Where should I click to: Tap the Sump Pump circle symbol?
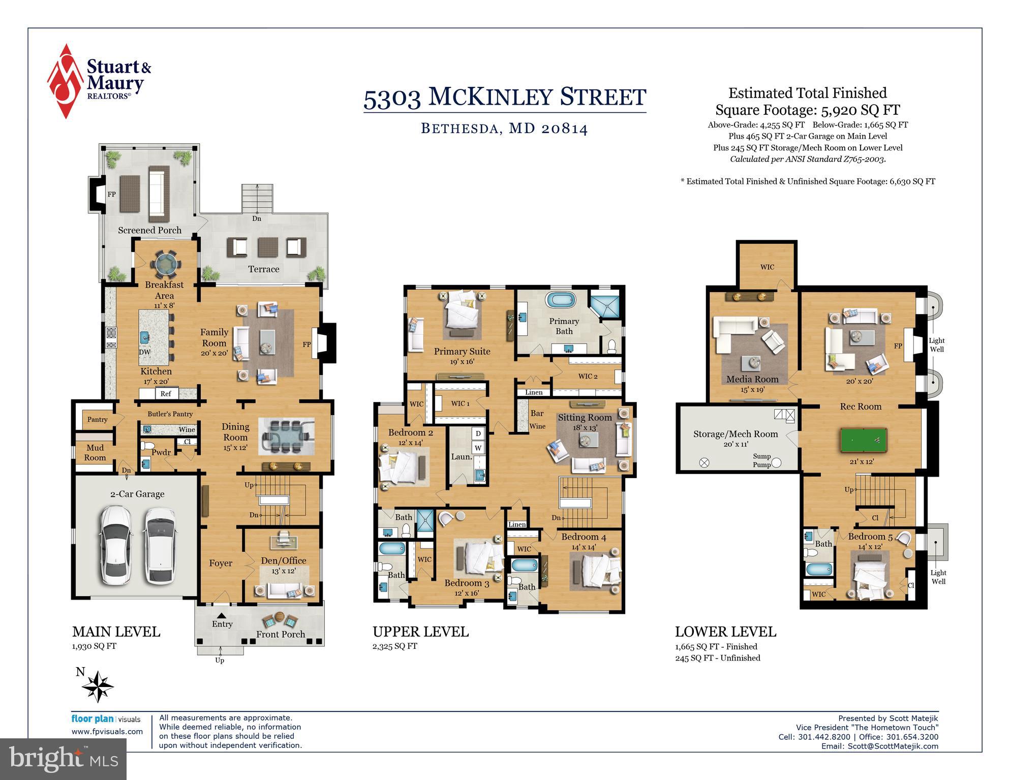click(x=777, y=463)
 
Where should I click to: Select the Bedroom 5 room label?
click(x=870, y=537)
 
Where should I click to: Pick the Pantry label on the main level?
click(x=97, y=419)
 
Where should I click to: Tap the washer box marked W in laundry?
click(x=478, y=448)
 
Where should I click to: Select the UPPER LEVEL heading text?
click(x=420, y=632)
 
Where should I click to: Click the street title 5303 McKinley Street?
click(x=504, y=97)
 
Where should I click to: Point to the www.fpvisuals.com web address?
click(x=107, y=732)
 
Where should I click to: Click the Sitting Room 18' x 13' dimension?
click(x=585, y=428)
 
